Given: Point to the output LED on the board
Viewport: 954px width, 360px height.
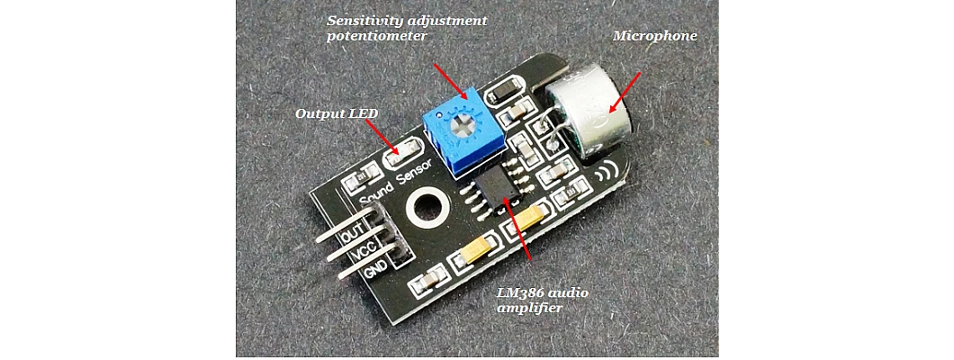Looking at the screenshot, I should [x=400, y=157].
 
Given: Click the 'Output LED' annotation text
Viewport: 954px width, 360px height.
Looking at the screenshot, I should [x=337, y=114].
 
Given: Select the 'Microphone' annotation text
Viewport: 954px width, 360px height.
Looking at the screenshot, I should [x=654, y=36].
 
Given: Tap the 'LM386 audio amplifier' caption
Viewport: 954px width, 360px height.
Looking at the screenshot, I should [x=548, y=301].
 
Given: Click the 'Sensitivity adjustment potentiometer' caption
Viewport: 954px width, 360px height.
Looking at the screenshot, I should [x=406, y=28].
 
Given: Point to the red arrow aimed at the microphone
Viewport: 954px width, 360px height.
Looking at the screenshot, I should [x=626, y=93].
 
